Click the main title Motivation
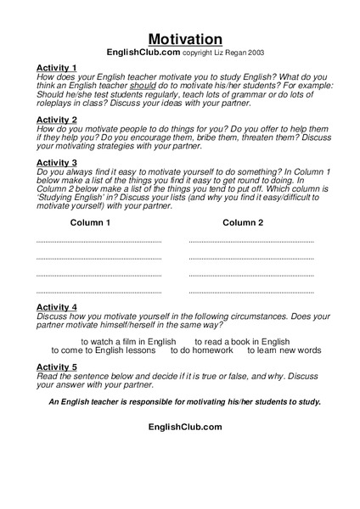(x=185, y=39)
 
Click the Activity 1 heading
(x=57, y=67)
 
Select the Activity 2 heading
(x=57, y=120)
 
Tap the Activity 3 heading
(x=57, y=162)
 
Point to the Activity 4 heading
(x=57, y=307)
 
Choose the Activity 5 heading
(x=57, y=366)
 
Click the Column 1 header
(x=90, y=223)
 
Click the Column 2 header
(x=243, y=223)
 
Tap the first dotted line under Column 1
(x=98, y=243)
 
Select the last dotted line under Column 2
(x=251, y=293)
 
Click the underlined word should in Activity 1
(x=143, y=86)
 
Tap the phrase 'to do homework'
(x=201, y=350)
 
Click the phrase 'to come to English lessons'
(x=103, y=350)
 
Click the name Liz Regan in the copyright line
(x=217, y=53)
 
